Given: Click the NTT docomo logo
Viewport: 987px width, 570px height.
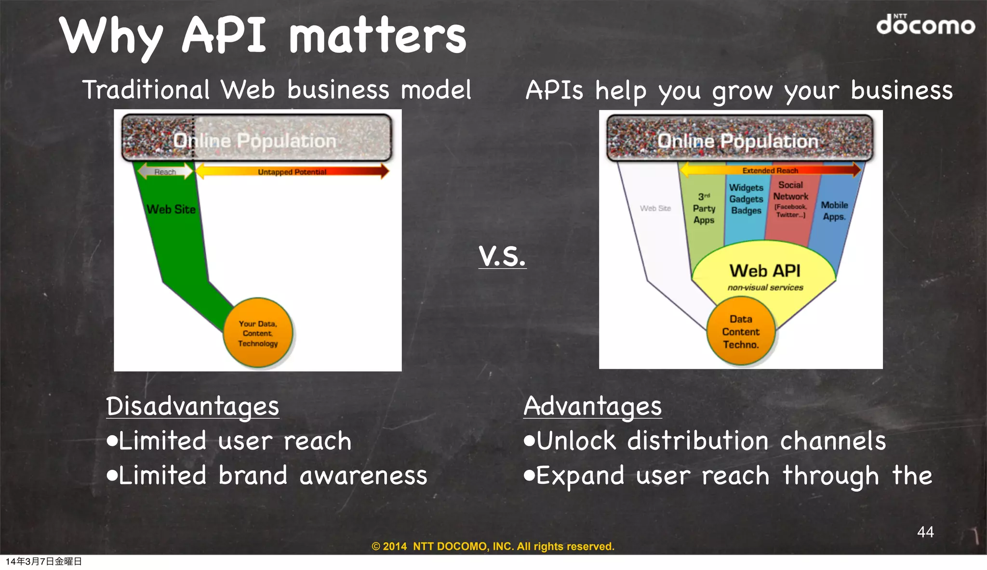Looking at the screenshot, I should [x=925, y=25].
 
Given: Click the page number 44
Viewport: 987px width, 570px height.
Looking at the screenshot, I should [x=925, y=531].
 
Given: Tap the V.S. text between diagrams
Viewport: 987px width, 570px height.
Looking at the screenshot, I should [x=502, y=256].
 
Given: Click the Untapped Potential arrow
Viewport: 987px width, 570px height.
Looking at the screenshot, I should [x=292, y=171].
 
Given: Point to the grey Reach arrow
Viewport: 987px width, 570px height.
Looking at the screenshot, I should [x=165, y=171].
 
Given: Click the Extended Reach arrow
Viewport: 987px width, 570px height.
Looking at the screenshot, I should [x=770, y=170].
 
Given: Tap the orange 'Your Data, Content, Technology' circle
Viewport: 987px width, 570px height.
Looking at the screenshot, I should [x=258, y=333].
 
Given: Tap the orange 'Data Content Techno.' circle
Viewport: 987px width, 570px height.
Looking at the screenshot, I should [x=741, y=332].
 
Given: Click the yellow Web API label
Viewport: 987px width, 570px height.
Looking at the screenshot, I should [x=765, y=271].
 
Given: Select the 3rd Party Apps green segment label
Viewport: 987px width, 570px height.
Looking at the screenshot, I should [x=704, y=208].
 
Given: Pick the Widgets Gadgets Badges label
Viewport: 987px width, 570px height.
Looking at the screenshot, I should [x=746, y=199].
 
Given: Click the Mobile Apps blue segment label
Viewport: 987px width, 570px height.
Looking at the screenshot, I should [x=834, y=211].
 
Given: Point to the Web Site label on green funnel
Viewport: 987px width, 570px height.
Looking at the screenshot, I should [x=171, y=209].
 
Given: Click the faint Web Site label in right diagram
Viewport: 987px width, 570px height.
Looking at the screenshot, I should [x=655, y=208].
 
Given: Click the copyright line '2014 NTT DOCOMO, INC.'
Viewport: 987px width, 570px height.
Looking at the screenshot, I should [x=493, y=546].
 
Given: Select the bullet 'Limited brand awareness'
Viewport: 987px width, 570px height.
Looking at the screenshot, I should [x=267, y=476].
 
